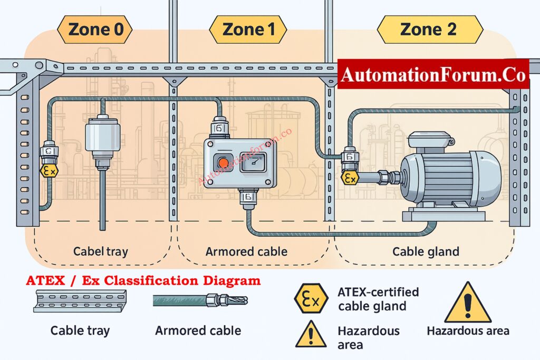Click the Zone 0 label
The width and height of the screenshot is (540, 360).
pos(96,30)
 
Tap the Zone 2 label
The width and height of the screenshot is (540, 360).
pos(429,30)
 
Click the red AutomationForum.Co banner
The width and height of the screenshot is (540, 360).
pos(432,74)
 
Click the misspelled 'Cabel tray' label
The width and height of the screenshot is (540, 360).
pos(100,251)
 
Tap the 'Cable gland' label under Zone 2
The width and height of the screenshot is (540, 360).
pos(426,251)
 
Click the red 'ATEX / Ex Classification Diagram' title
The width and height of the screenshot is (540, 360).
pos(144,280)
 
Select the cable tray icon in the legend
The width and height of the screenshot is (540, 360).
pos(80,301)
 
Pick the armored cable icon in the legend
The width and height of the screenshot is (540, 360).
pos(200,300)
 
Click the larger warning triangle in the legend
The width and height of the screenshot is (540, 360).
pos(468,304)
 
